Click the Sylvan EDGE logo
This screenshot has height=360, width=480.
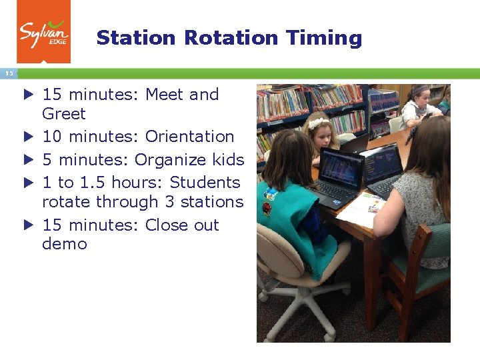(x=43, y=31)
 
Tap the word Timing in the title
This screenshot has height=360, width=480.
(x=323, y=39)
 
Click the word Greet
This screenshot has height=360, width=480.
(x=63, y=114)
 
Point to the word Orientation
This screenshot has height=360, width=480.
(x=189, y=137)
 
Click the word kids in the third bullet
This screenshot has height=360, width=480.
(x=227, y=160)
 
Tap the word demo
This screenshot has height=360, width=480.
(x=64, y=244)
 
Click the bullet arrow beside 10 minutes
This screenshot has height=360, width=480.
(x=27, y=137)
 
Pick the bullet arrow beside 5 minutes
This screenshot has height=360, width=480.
(x=27, y=160)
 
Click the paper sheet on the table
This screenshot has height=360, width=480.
(x=360, y=208)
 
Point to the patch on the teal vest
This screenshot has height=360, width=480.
(x=269, y=194)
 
